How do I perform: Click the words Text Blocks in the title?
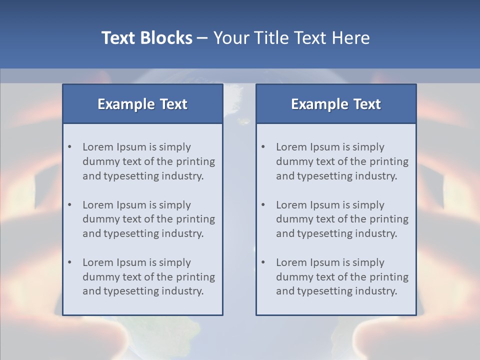pos(146,38)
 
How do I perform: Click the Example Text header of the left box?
pos(142,104)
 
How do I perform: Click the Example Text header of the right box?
pos(336,104)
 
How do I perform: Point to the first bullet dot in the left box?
pos(70,147)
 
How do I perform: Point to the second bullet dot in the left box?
pos(70,205)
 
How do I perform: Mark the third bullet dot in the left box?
pos(70,262)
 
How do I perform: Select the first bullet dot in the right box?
pos(263,147)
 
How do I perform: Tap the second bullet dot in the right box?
pos(263,205)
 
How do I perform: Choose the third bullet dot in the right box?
pos(263,262)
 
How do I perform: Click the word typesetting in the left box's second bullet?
pos(129,234)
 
